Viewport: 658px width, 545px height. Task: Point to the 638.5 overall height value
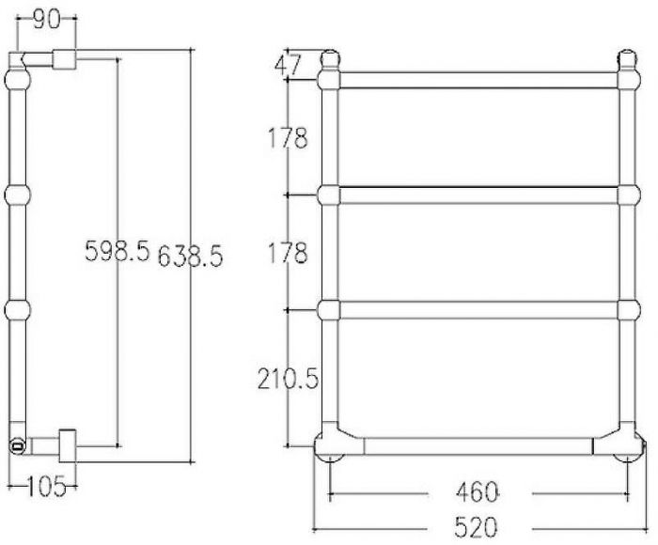190,256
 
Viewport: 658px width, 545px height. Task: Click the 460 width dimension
479,491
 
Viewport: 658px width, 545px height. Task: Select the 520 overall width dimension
479,527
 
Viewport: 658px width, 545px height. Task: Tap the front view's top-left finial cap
329,58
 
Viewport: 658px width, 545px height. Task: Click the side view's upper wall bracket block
64,60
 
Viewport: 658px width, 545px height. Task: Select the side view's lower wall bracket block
68,445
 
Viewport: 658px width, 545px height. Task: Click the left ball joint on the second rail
329,195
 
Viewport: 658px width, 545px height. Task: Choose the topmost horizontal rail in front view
478,81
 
